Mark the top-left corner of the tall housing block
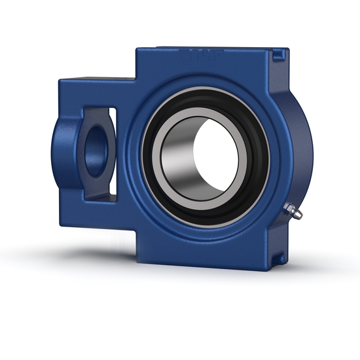point(138,50)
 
